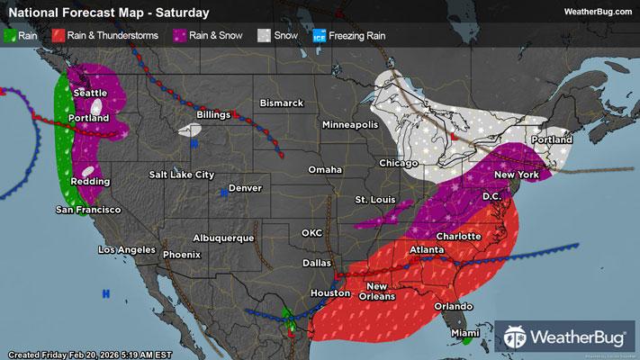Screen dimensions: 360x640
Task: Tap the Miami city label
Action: pos(466,333)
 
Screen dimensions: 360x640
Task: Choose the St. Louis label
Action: pos(374,198)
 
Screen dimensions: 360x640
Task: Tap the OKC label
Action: pos(311,232)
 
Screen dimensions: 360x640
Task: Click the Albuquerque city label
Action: pos(221,238)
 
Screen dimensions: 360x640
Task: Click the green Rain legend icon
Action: pos(11,37)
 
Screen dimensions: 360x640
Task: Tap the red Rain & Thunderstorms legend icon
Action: pos(58,37)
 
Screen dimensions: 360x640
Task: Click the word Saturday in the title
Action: pos(183,13)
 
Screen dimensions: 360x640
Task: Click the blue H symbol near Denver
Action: pos(224,193)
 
